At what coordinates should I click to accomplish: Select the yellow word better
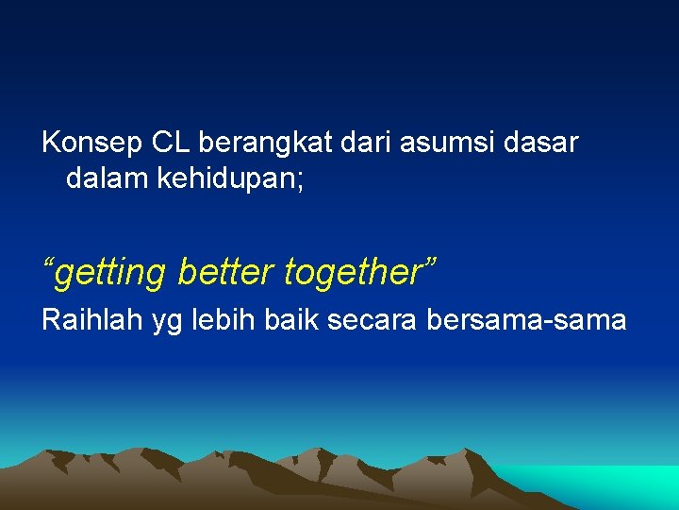point(224,272)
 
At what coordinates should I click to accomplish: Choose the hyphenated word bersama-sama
point(526,321)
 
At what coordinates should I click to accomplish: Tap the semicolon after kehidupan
point(300,180)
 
